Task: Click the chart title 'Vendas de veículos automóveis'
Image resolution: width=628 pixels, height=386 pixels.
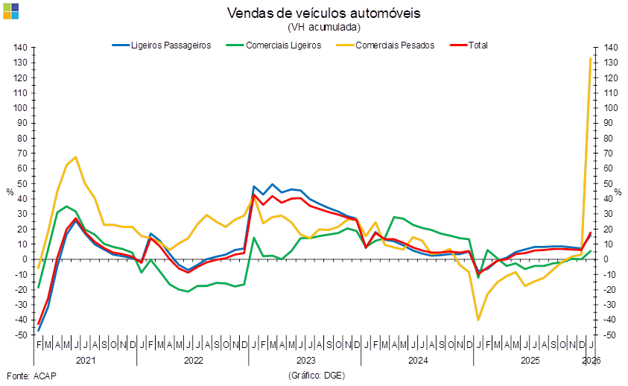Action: click(x=323, y=13)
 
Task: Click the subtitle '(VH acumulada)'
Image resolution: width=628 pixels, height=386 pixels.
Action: click(x=323, y=27)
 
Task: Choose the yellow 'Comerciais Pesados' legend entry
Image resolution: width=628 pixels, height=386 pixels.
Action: click(x=394, y=45)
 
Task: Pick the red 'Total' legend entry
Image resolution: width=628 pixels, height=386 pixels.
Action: click(x=478, y=45)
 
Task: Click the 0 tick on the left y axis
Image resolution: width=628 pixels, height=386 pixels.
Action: click(x=24, y=259)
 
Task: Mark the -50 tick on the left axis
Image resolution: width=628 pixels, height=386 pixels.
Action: click(x=21, y=335)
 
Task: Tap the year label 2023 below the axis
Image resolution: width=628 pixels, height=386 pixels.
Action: click(x=305, y=360)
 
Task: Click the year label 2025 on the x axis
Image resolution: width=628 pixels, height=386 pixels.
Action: click(x=530, y=360)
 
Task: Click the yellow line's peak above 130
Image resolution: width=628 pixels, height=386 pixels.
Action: click(x=591, y=58)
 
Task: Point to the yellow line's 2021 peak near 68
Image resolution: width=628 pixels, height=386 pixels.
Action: click(x=76, y=156)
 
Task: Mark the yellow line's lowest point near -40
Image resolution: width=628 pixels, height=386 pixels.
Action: click(x=478, y=320)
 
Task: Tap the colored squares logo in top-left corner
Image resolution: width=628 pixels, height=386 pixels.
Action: click(x=11, y=11)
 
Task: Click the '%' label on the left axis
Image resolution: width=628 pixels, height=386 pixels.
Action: click(x=10, y=192)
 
